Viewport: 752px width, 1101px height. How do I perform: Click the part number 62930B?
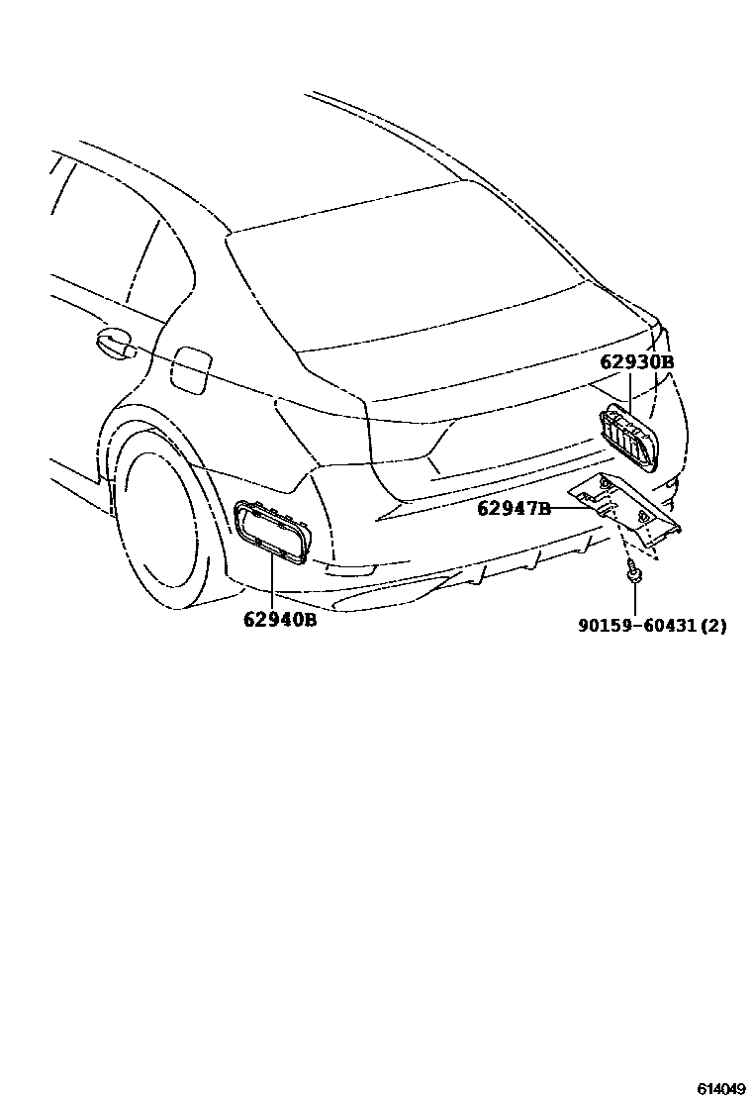coord(636,362)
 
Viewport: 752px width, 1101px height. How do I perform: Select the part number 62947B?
coord(514,509)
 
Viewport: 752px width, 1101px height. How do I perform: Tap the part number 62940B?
coord(280,621)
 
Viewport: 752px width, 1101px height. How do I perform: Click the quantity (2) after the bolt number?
coord(715,626)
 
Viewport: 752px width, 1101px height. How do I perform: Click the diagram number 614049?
coord(720,1088)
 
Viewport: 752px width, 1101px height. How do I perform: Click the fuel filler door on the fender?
coord(189,368)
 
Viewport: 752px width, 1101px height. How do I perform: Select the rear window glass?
coord(396,267)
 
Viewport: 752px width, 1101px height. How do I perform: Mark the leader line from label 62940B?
coord(272,584)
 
